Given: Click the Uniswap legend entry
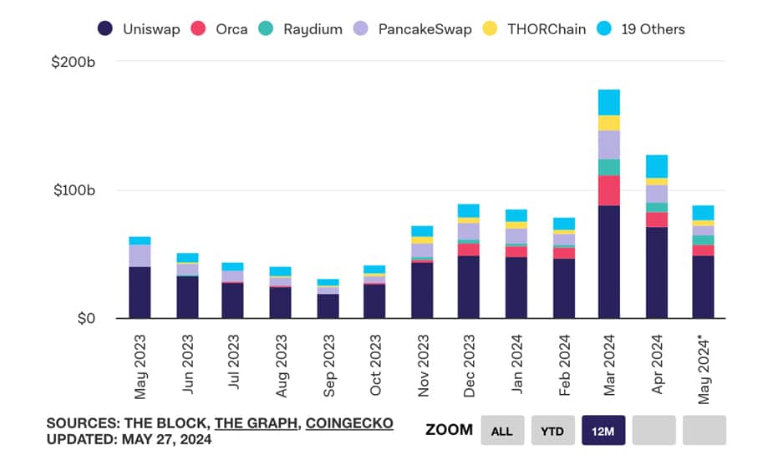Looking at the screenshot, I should pos(139,28).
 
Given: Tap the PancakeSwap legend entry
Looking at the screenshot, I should pos(413,28).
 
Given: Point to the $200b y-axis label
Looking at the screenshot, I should pos(75,61).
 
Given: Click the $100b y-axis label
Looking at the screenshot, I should pos(75,190).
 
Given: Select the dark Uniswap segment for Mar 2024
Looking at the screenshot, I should pos(609,261).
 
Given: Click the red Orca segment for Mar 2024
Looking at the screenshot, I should pos(609,190).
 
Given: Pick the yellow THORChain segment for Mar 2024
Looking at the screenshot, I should pos(609,123).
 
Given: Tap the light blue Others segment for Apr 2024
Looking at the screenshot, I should pos(657,166).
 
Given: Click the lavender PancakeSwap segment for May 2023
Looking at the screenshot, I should pos(140,255).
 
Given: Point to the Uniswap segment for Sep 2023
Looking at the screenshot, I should pos(328,306).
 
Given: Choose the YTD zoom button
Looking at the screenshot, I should pos(552,430).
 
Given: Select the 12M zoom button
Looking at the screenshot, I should pos(603,430).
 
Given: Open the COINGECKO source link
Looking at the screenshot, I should pos(349,423).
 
